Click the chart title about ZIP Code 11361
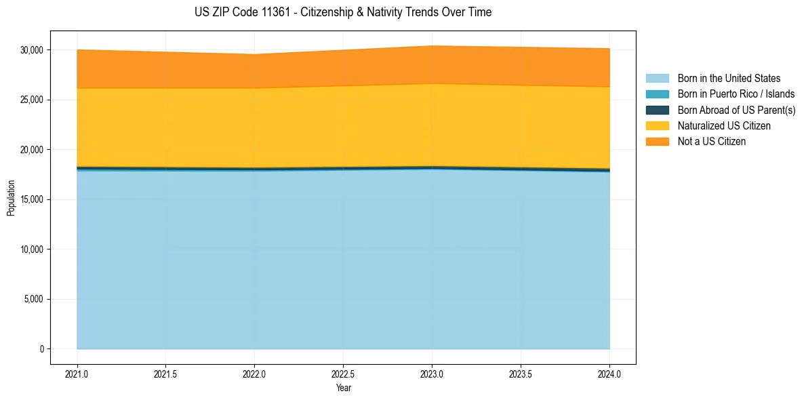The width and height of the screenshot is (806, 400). point(342,12)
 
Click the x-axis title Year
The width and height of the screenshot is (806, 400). point(343,388)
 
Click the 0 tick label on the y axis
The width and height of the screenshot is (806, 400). point(41,349)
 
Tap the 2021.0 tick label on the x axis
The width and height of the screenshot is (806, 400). point(77,374)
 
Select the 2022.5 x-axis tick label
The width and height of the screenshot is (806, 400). point(343,374)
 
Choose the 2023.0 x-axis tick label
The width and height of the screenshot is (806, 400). point(432,374)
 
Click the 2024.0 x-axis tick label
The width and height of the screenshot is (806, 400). point(609,374)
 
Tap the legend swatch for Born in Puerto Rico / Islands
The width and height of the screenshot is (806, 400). point(657,94)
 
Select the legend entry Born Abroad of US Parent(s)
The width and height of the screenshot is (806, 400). point(736,110)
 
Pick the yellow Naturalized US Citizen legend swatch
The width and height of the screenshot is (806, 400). point(657,126)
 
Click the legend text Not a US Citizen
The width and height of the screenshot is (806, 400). point(712,142)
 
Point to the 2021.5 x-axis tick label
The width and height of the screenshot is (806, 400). point(166,374)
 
